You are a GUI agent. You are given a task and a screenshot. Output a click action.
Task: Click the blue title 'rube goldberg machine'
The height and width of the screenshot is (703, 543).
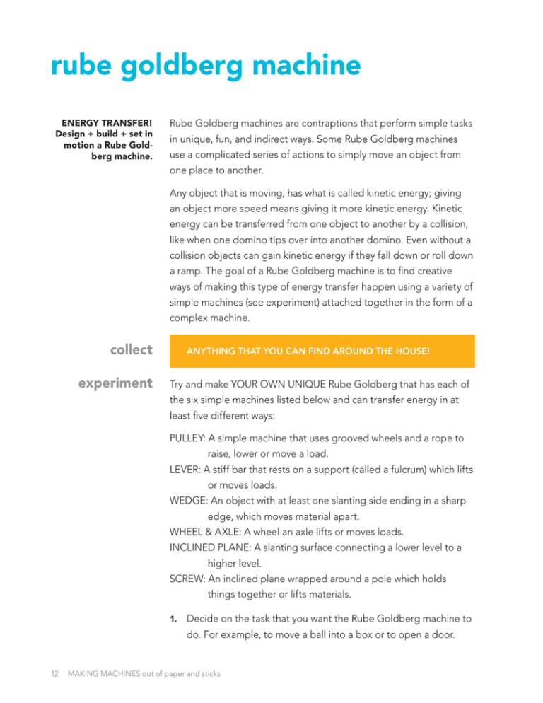point(206,69)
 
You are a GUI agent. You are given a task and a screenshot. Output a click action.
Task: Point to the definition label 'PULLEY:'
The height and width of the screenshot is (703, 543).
point(189,438)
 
